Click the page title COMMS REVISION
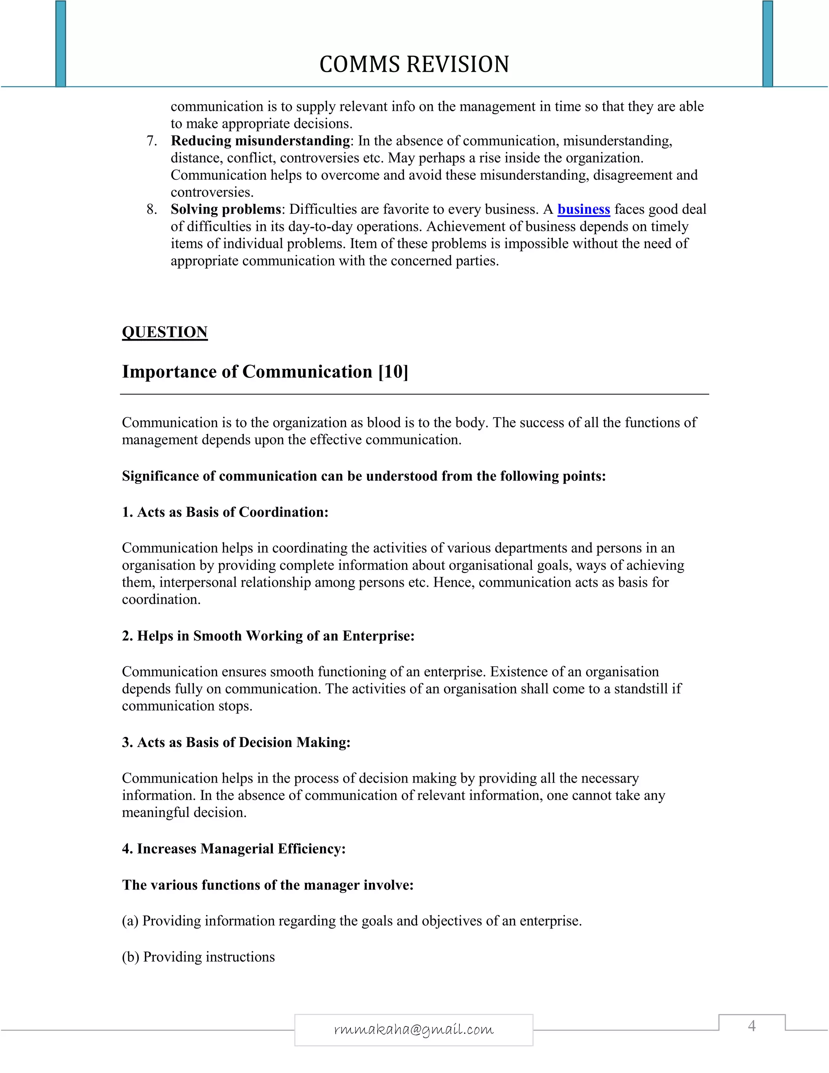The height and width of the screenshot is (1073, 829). click(414, 64)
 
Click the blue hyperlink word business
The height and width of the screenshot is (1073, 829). click(583, 209)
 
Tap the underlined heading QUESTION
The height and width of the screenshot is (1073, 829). click(164, 332)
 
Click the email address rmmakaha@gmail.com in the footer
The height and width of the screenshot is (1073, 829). click(414, 1029)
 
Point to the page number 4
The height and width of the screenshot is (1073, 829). click(751, 1026)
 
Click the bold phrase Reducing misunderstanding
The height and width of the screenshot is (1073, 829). click(260, 141)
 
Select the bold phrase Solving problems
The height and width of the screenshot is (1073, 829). click(225, 209)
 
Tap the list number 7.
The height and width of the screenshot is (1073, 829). click(152, 141)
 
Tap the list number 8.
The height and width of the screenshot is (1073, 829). click(152, 209)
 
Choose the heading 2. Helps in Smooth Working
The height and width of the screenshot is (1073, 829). click(268, 636)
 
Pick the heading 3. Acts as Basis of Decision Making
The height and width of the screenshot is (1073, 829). click(236, 742)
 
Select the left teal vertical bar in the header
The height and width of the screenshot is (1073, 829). click(60, 43)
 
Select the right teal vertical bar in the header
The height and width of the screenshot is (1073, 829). click(767, 43)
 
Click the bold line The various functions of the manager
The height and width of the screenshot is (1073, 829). click(268, 885)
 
